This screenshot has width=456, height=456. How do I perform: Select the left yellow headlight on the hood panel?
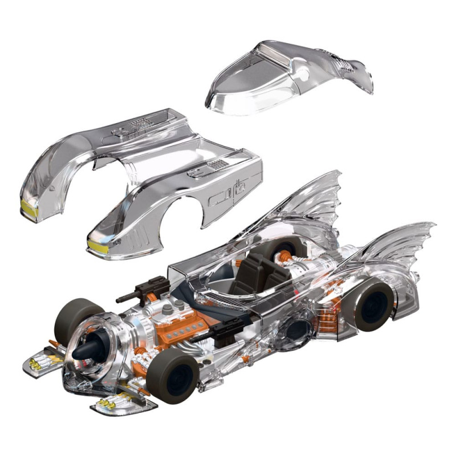(x=29, y=209)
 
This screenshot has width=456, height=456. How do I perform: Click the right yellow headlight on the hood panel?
(x=98, y=246)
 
